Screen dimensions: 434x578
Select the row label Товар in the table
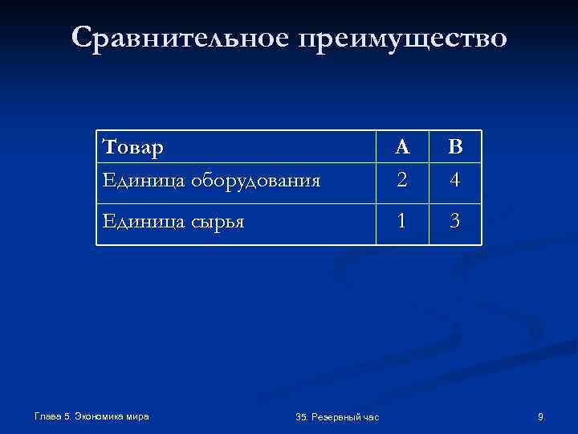coord(134,148)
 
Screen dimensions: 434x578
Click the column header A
coord(403,147)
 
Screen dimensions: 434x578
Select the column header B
coord(455,147)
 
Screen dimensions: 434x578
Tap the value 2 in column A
coord(403,181)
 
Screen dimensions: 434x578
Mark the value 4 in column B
coord(455,181)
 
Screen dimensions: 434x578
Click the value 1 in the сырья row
coord(403,219)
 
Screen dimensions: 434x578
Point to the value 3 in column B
coord(455,219)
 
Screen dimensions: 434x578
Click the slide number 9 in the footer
coord(540,416)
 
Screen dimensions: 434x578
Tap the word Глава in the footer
coord(48,416)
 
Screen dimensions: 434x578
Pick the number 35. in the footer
coord(302,416)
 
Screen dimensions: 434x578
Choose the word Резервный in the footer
coord(336,416)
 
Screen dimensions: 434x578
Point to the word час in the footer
coord(370,416)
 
